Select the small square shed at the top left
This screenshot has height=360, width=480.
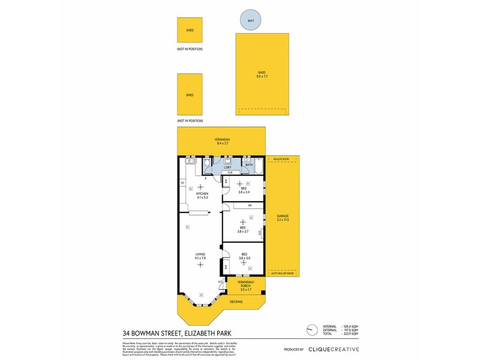click(x=190, y=29)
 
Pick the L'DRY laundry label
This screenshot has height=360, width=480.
click(x=228, y=167)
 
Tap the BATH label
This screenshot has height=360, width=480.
click(x=249, y=164)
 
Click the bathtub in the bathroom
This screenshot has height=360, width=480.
click(x=259, y=165)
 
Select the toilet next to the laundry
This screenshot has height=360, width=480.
click(x=208, y=163)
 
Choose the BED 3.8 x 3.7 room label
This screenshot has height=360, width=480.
click(x=242, y=229)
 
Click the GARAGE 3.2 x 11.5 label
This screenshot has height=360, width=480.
click(x=283, y=218)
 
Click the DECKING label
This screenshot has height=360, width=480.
click(x=236, y=302)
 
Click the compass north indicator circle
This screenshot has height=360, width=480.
click(x=310, y=329)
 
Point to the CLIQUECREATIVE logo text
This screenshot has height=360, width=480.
click(x=334, y=349)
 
